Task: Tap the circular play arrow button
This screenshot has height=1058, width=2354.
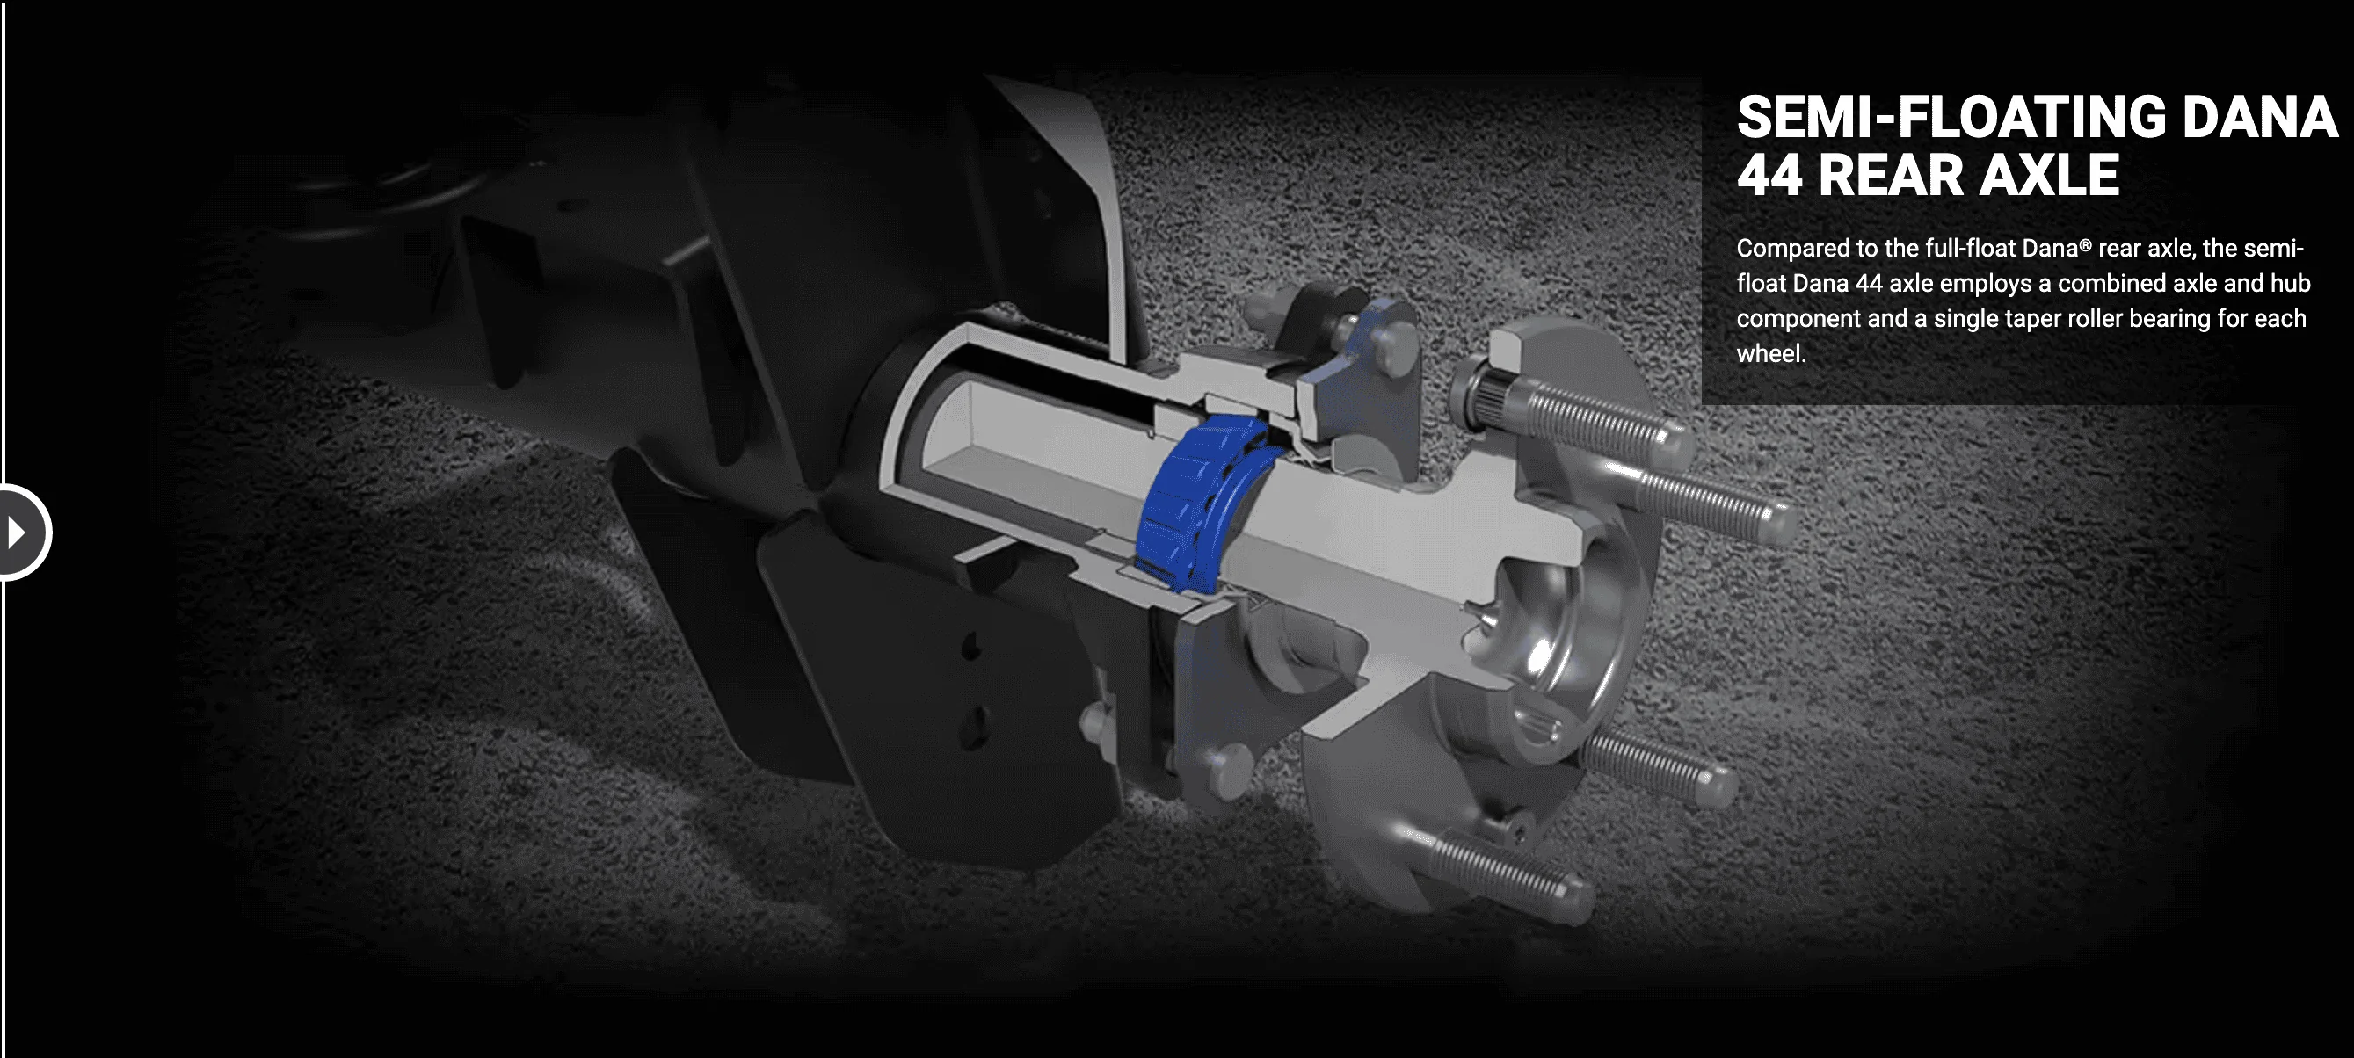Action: pos(20,533)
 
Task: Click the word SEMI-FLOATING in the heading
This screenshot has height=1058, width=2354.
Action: pos(1950,117)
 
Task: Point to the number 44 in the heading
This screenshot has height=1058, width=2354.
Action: pos(1770,175)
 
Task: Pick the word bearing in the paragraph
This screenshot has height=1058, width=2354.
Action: pos(2167,319)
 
